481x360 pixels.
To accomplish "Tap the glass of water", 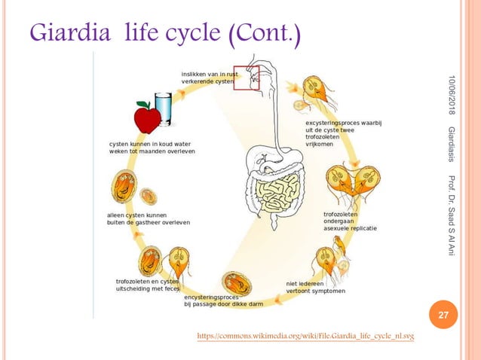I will pos(163,110).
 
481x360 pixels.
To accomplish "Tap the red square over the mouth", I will pos(246,77).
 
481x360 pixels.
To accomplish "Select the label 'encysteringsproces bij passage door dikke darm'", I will pos(222,301).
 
